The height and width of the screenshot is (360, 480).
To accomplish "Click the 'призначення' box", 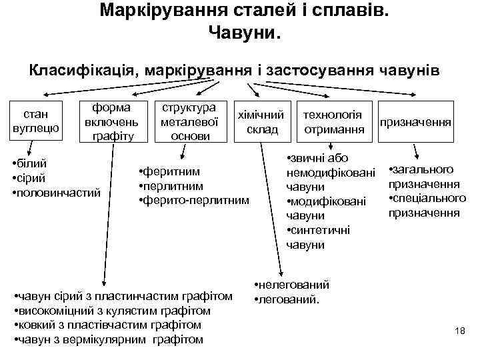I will point(416,123).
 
